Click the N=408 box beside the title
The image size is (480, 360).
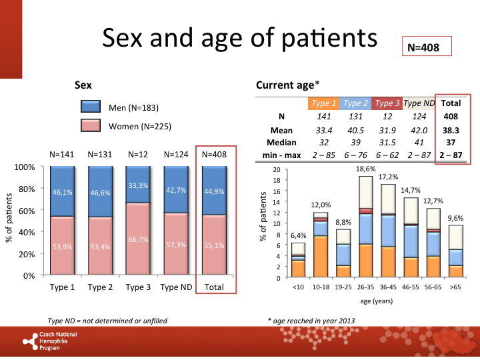pos(427,47)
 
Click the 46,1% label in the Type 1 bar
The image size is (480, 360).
pos(62,193)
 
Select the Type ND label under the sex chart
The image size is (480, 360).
pos(176,287)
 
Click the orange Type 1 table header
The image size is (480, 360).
pos(323,103)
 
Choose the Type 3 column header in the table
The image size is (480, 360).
pos(387,103)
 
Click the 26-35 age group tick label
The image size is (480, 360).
pos(365,287)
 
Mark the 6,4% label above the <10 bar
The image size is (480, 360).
pos(299,235)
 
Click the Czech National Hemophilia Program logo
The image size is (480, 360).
pos(50,342)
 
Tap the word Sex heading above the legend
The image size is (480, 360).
pos(83,85)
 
